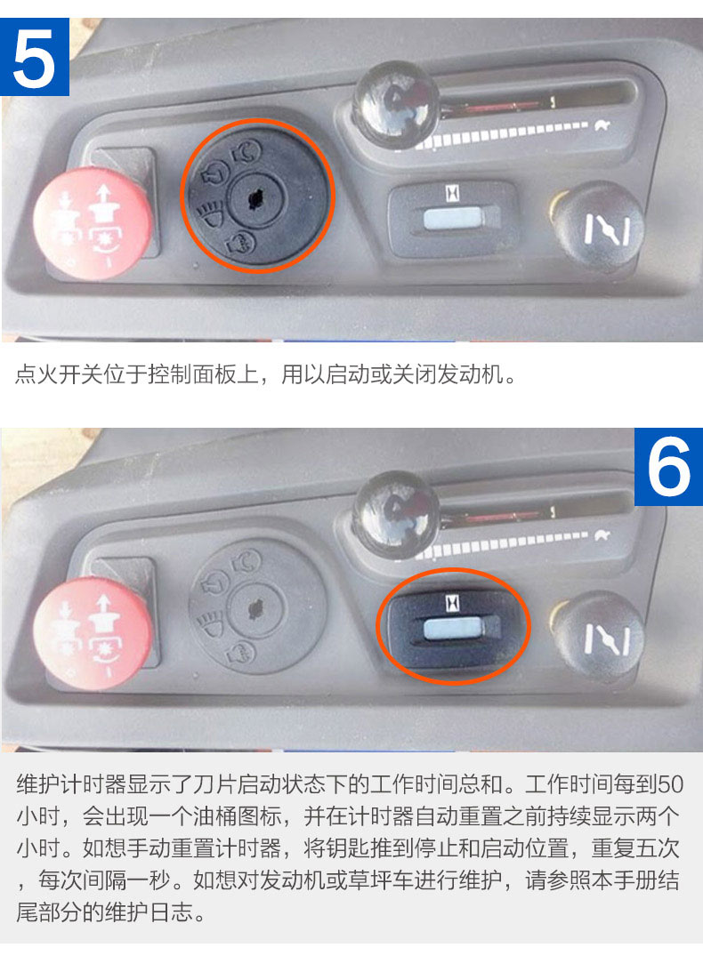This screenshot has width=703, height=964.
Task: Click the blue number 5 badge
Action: click(35, 57)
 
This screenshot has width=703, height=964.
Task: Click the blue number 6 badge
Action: click(668, 467)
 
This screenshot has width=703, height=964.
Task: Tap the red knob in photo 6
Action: click(93, 633)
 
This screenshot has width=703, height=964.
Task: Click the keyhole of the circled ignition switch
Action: click(255, 198)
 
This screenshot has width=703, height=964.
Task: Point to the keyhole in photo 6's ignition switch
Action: click(255, 608)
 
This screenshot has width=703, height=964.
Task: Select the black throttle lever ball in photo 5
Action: click(396, 105)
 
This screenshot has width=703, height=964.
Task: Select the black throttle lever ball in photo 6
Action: click(396, 515)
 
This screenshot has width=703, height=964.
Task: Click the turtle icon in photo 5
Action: click(602, 125)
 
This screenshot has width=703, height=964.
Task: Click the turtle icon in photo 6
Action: click(602, 535)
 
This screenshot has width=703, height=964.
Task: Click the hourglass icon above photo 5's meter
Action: click(453, 193)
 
